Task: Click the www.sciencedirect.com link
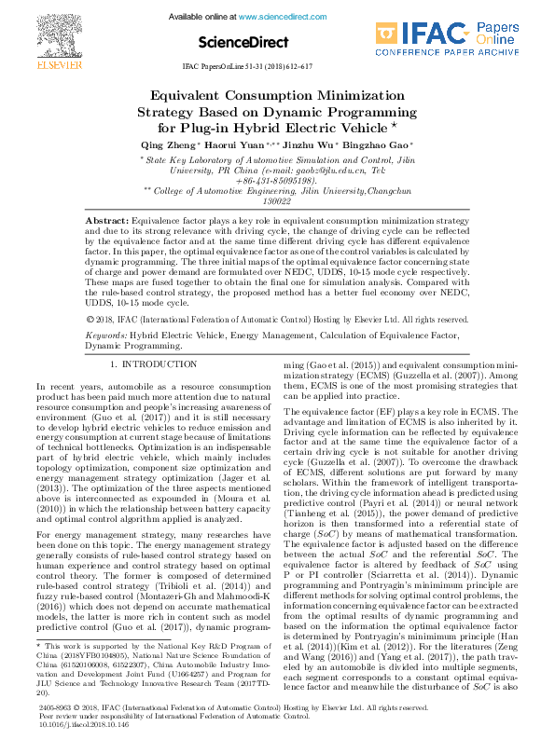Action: (x=276, y=17)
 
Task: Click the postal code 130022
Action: (x=277, y=200)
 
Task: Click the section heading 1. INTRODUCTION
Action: (x=153, y=363)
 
